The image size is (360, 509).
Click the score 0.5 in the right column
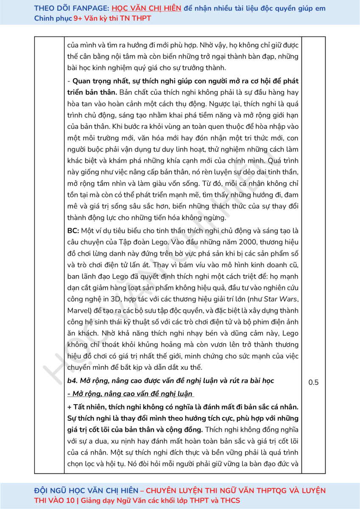coord(313,383)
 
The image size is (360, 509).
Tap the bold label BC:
coord(74,230)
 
